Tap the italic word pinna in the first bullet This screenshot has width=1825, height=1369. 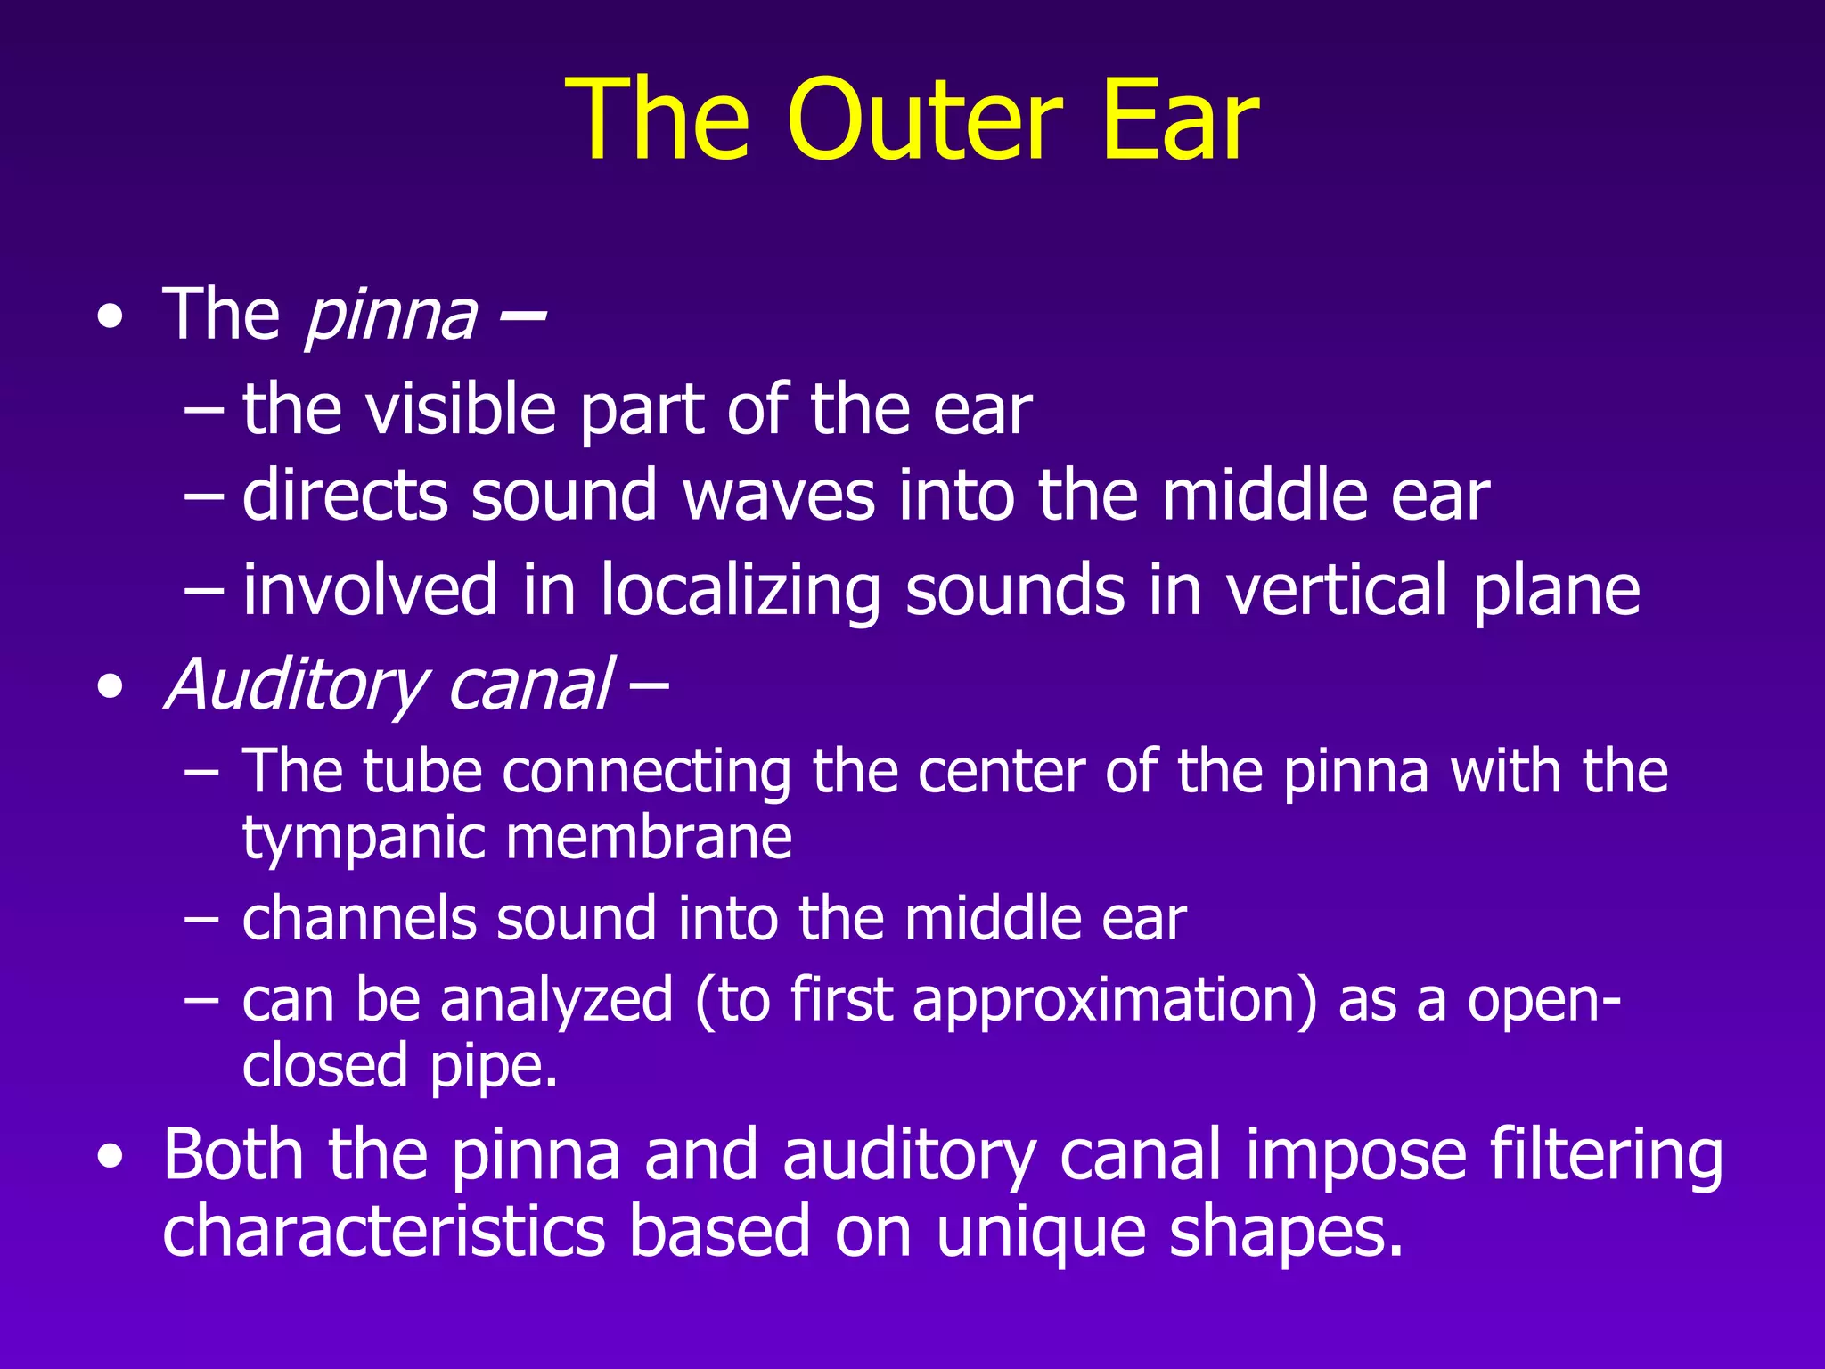pos(391,316)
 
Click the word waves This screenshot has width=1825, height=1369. pos(780,496)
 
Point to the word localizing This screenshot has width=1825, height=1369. pos(740,591)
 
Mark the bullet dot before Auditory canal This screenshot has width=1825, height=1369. pos(110,687)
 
